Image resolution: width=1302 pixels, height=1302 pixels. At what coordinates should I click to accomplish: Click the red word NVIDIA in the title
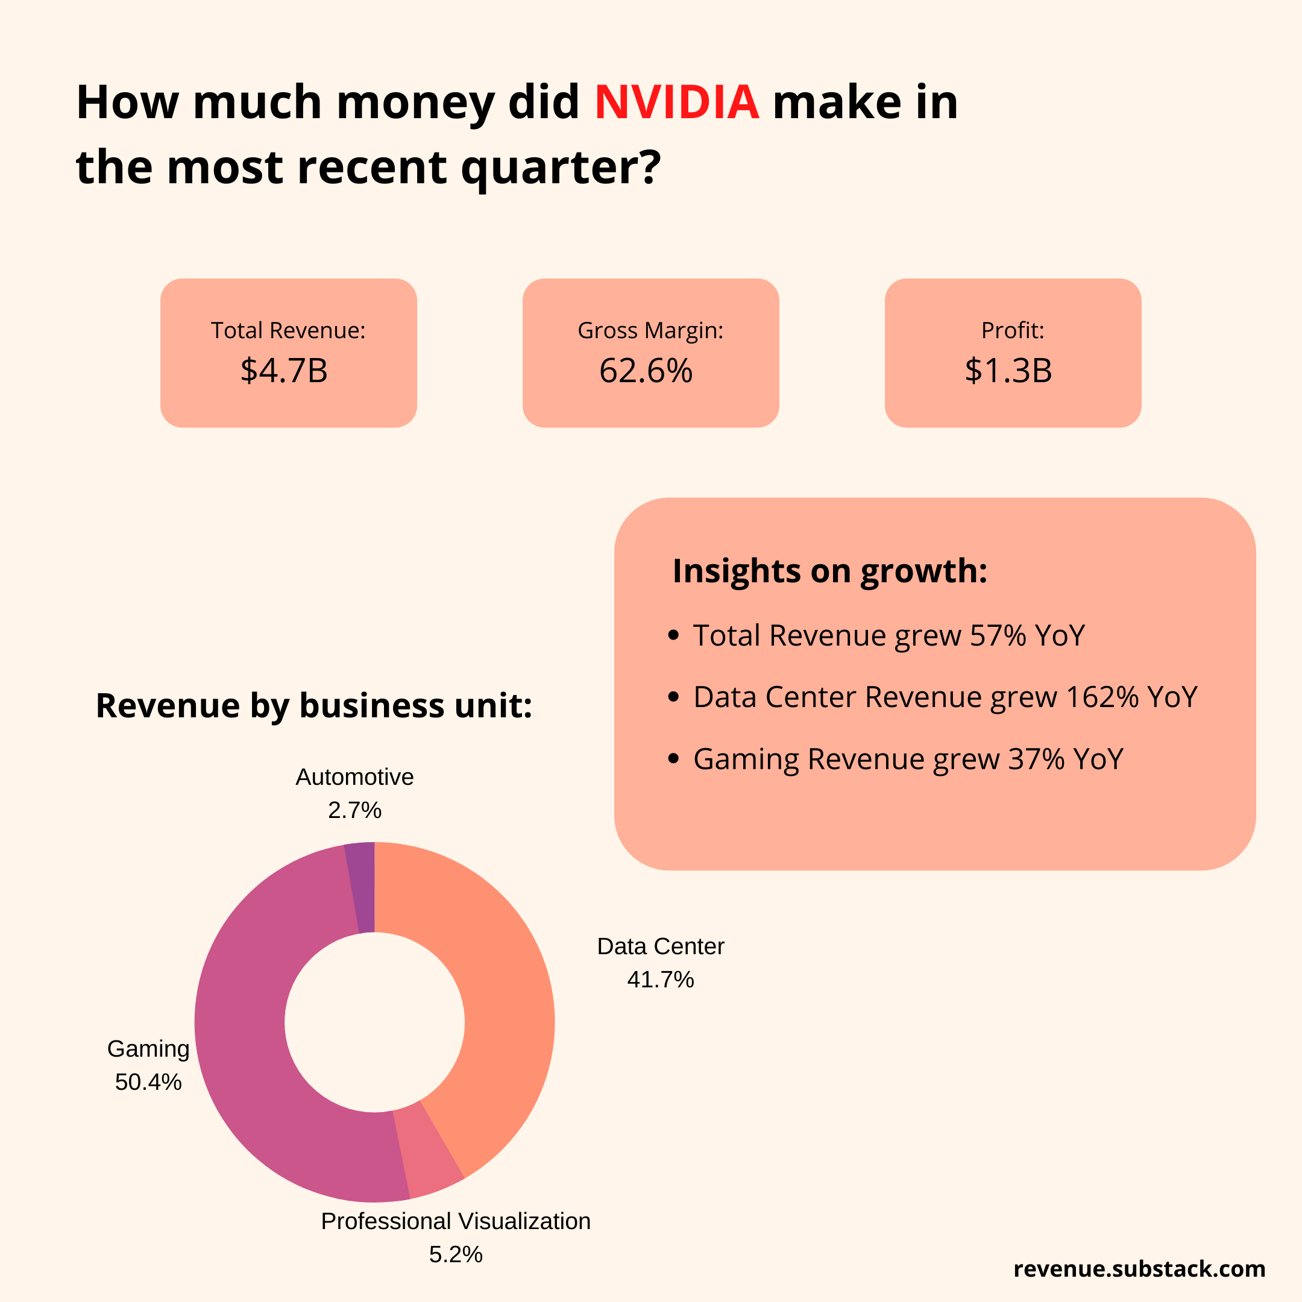point(676,102)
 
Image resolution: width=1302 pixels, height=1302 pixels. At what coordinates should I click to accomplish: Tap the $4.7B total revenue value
point(284,371)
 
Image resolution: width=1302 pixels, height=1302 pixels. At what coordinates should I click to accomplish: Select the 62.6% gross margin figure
point(646,371)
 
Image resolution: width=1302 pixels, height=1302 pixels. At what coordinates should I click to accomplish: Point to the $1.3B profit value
point(1008,371)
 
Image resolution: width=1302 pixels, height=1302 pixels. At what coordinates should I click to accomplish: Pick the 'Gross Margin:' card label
point(650,330)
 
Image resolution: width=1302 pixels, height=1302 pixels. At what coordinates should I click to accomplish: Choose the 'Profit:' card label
point(1012,330)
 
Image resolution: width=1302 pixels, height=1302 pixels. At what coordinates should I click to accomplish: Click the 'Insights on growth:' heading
point(829,571)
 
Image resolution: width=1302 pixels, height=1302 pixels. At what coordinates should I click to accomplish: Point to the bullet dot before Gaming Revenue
point(673,759)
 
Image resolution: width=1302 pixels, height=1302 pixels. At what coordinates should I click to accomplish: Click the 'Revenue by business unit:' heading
point(314,706)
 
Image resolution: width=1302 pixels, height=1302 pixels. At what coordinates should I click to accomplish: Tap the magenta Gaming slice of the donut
point(250,1051)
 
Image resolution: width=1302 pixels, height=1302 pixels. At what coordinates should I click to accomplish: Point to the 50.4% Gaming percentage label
point(148,1083)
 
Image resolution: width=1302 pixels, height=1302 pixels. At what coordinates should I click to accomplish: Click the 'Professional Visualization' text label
point(456,1221)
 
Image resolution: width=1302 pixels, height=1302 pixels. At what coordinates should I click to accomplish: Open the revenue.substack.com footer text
point(1139,1269)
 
